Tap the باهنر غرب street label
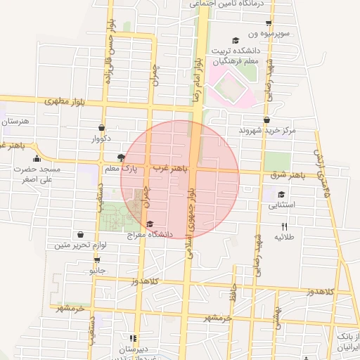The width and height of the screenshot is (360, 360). coord(171,169)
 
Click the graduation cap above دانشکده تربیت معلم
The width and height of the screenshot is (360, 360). coord(237,40)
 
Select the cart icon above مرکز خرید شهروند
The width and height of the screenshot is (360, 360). coord(267,120)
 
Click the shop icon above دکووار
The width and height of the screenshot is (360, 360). coord(103,128)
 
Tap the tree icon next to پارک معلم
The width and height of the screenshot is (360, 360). coord(120,157)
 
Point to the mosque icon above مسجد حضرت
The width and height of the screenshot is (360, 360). coord(37,159)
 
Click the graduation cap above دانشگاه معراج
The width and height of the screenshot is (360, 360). coord(149,224)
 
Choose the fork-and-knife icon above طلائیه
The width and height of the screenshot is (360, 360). coord(284,226)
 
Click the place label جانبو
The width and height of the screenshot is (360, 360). coord(96,269)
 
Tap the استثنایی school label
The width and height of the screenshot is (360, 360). coord(282,205)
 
